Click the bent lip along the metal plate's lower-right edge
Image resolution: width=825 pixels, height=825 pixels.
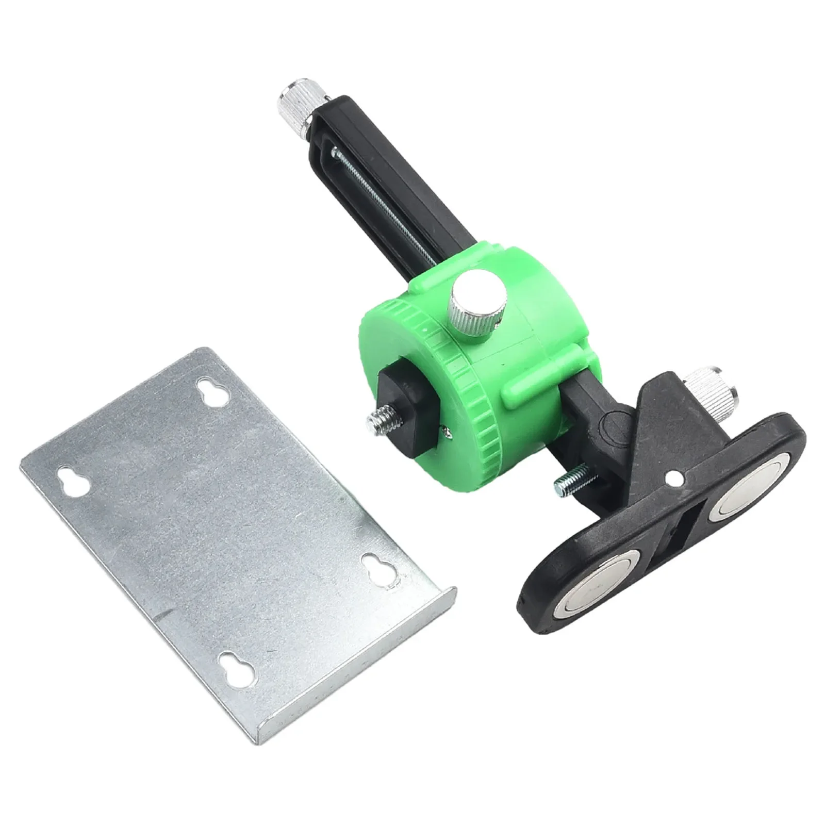[x=361, y=665]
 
